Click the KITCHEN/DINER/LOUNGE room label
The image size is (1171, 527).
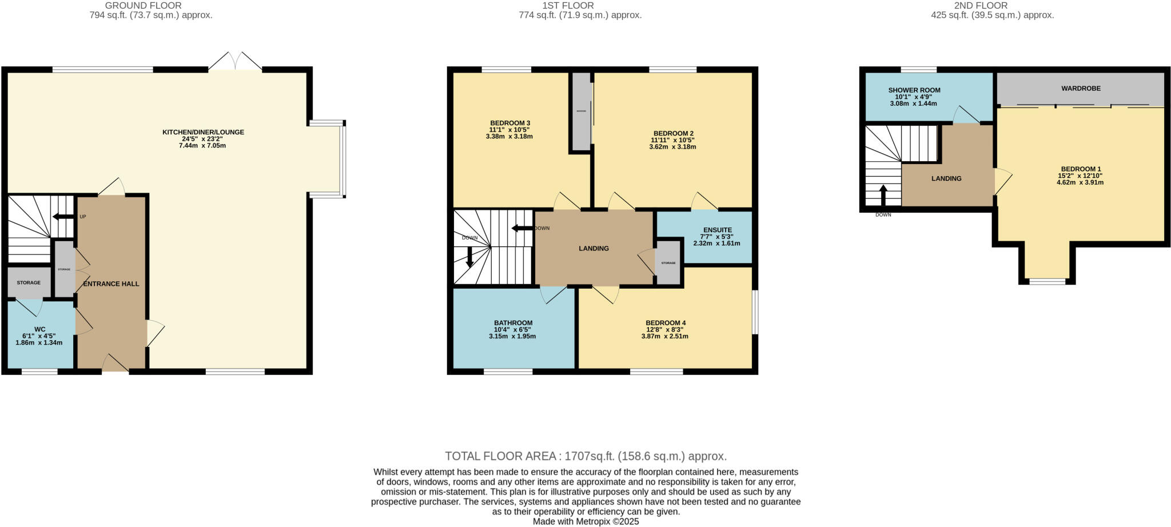tap(203, 132)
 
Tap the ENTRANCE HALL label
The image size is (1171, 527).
tap(111, 284)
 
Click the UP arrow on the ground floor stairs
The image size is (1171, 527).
tap(63, 217)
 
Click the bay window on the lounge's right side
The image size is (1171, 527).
tap(342, 159)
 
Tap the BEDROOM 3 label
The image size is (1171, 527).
tap(510, 123)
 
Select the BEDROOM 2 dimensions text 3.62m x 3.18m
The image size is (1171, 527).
tap(672, 147)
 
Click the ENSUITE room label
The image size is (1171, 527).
tap(717, 230)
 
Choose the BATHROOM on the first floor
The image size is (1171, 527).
tap(513, 329)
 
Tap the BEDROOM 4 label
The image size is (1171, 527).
tap(666, 322)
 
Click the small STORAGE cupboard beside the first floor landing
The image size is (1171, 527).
tap(668, 263)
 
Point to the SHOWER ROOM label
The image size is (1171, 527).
tap(914, 90)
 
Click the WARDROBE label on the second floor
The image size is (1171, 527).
tap(1081, 89)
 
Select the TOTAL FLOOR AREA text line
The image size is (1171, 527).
tap(585, 456)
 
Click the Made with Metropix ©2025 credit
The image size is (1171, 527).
tap(585, 521)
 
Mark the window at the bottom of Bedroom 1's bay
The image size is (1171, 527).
tap(1047, 281)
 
